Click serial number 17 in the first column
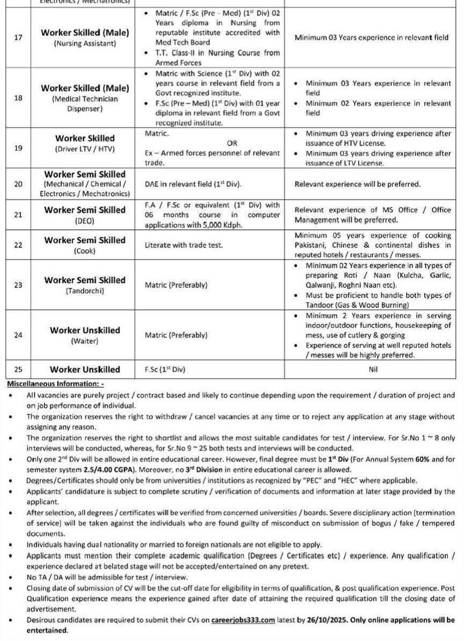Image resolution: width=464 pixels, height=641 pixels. [x=18, y=38]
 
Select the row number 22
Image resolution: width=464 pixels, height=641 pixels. [x=18, y=245]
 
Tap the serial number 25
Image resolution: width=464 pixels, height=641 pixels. [x=18, y=370]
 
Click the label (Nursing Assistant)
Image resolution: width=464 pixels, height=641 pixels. [x=85, y=43]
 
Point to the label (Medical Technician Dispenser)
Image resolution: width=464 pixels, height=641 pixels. [x=85, y=104]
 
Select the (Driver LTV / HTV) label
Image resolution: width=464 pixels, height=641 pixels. [x=85, y=149]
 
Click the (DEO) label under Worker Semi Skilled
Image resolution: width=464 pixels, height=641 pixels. [x=85, y=220]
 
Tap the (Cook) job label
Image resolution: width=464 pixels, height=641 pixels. [x=85, y=250]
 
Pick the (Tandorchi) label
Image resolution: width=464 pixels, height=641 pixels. [x=85, y=291]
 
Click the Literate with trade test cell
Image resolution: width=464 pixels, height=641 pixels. [x=183, y=245]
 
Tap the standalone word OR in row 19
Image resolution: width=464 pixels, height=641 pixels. [x=212, y=143]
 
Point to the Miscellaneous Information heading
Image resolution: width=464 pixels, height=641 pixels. [x=55, y=384]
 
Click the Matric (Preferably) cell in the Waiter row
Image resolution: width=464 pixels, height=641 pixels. [x=176, y=335]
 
